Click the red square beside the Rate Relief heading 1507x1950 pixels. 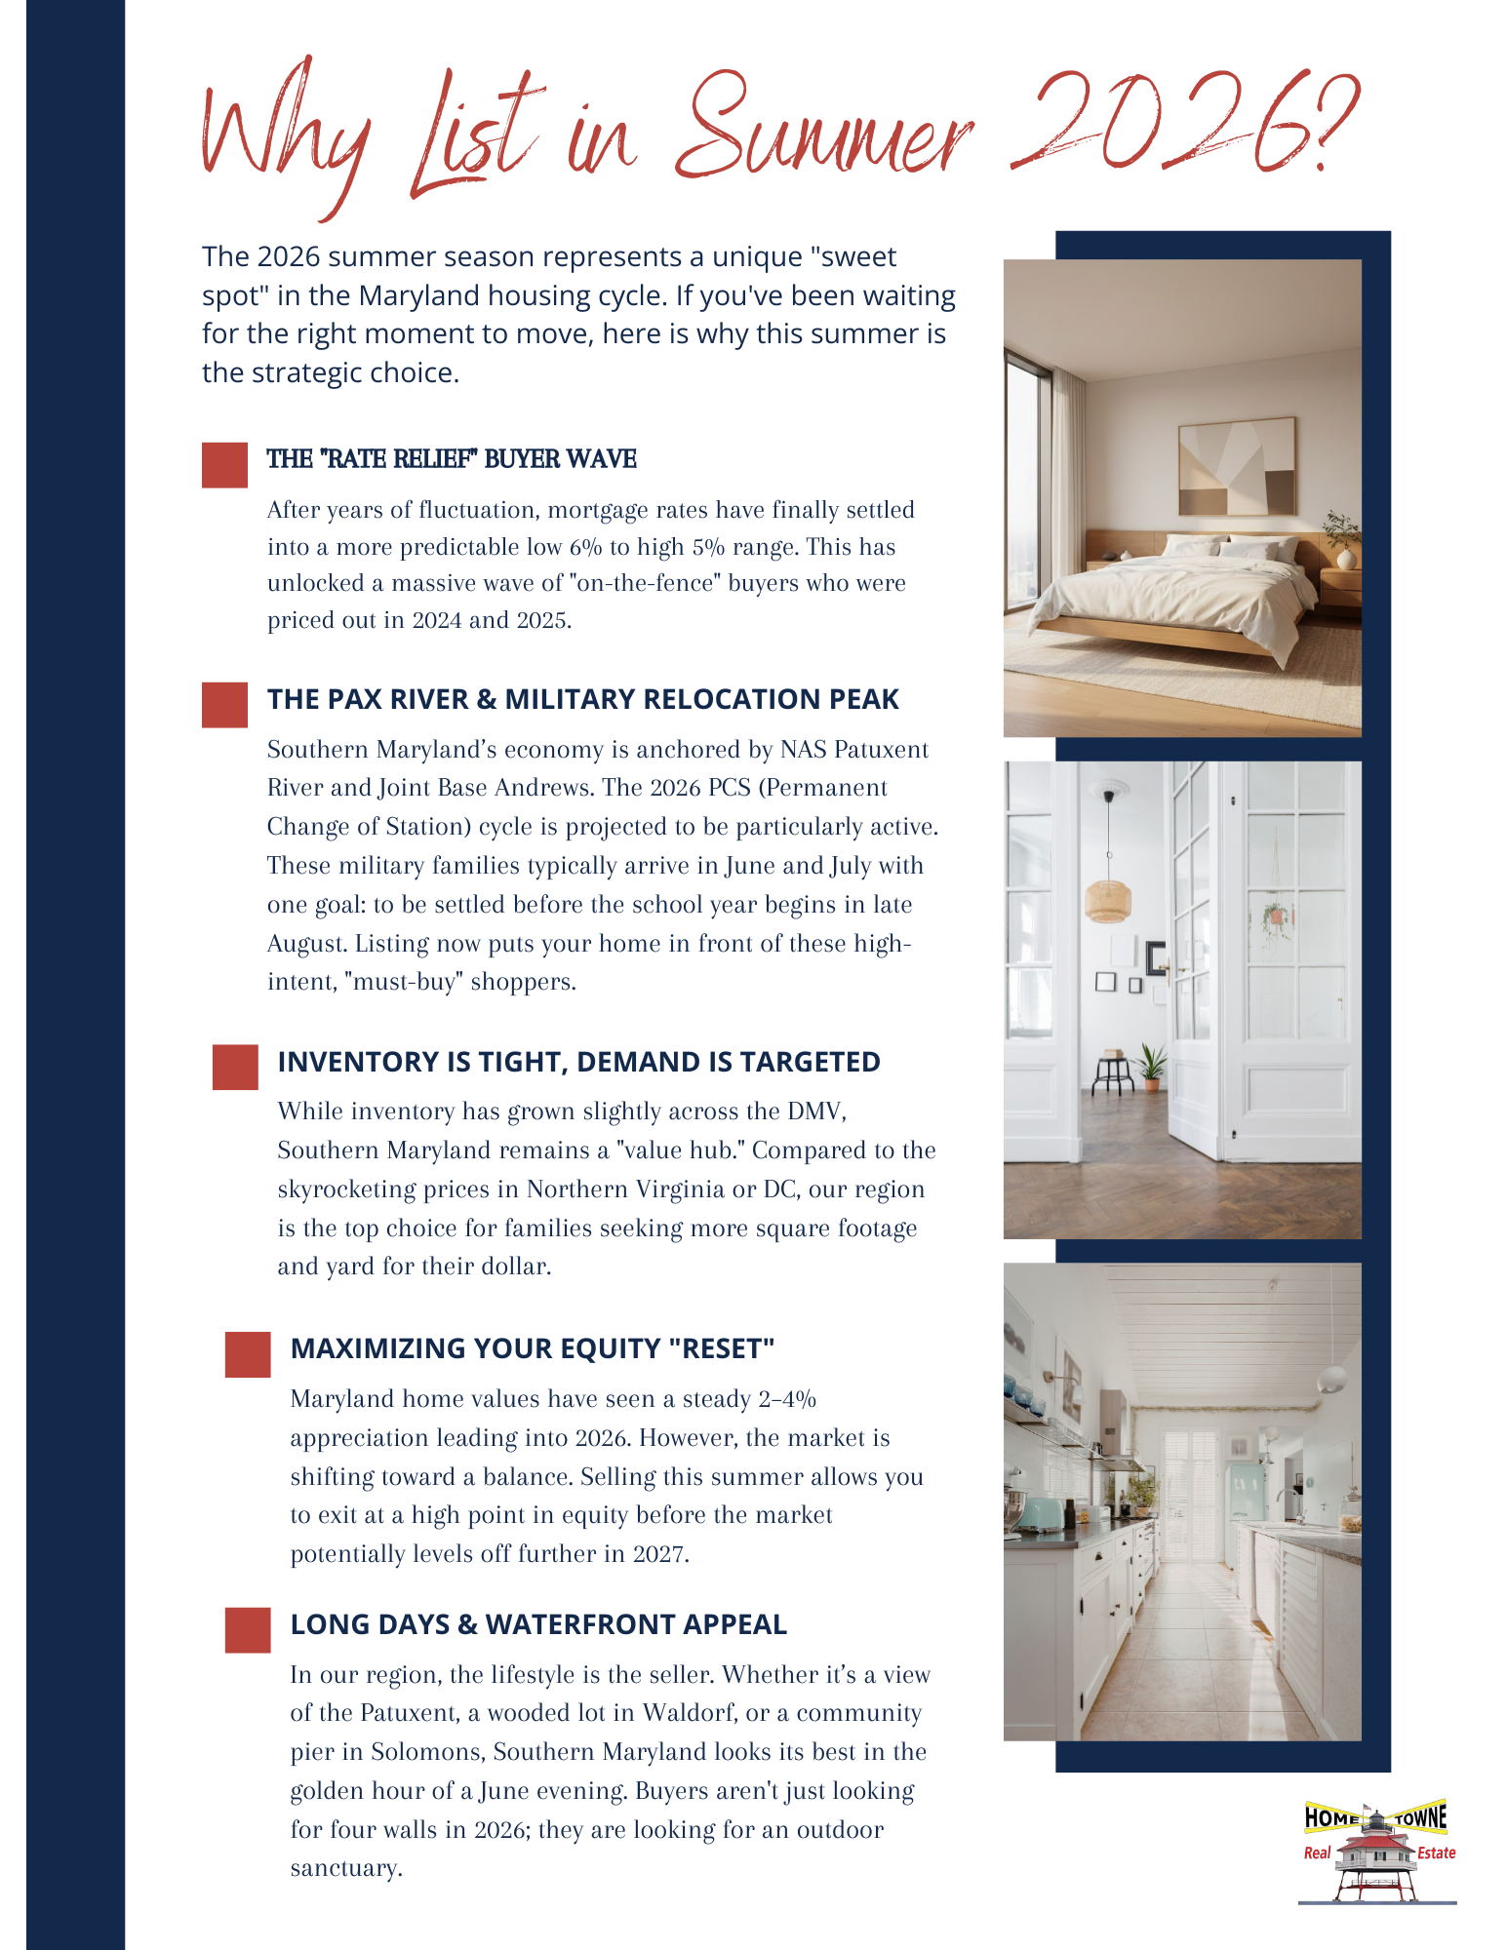click(224, 465)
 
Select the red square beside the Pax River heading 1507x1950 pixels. click(224, 705)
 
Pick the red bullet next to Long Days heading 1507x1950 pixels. click(248, 1630)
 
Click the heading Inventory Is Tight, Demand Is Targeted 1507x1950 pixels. click(578, 1062)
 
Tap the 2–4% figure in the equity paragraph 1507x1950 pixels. click(787, 1399)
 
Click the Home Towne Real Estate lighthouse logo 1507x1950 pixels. click(1377, 1851)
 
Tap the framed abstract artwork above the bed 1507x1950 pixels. click(1237, 466)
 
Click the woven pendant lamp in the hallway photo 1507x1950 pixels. click(1109, 898)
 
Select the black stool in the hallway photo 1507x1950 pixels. click(1113, 1072)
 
